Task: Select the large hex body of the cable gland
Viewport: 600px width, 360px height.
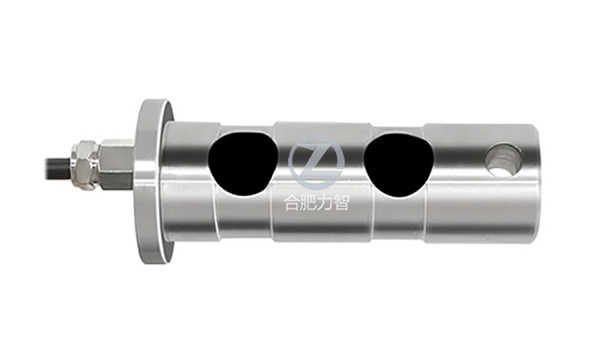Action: point(115,165)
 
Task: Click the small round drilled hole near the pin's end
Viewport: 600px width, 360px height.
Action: point(502,158)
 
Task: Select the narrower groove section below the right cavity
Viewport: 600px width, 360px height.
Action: point(397,215)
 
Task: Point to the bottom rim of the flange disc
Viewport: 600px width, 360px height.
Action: point(152,258)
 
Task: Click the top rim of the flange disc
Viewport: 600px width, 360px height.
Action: point(152,103)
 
